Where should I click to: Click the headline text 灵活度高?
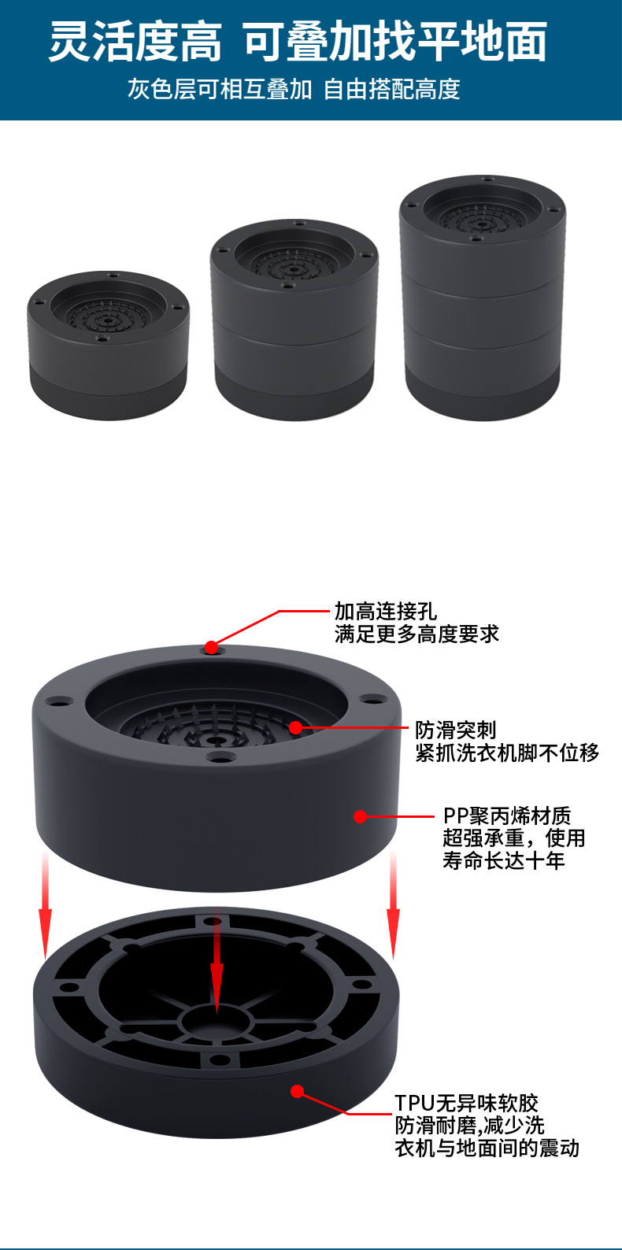click(x=135, y=42)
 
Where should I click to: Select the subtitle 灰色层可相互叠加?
click(x=220, y=89)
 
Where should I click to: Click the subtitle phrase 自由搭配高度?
click(x=391, y=89)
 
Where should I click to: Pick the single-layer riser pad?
click(x=108, y=345)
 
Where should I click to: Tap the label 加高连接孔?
click(x=385, y=611)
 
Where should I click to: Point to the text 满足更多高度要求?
click(x=417, y=634)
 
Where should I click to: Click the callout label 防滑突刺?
click(x=456, y=730)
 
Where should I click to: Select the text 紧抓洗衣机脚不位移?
click(x=507, y=753)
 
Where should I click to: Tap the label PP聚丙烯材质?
click(x=506, y=815)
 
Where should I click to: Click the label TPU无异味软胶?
click(x=466, y=1103)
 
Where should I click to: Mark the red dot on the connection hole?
click(x=211, y=648)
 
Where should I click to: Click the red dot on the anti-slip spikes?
click(x=295, y=727)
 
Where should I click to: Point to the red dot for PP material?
click(x=361, y=816)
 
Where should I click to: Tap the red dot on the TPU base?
click(x=297, y=1091)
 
